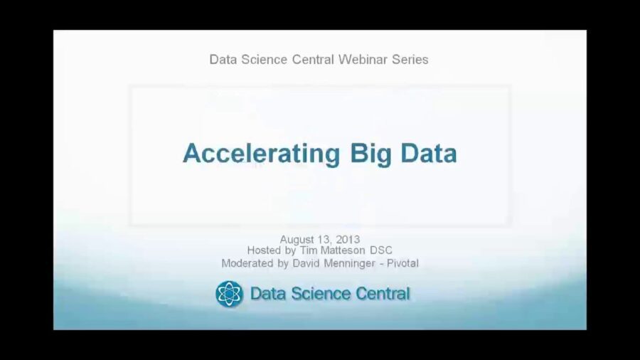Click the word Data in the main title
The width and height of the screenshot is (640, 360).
coord(429,153)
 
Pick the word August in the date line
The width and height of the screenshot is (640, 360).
coord(297,239)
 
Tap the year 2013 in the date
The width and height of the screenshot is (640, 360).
coord(348,239)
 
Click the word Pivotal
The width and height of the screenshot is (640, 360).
coord(403,263)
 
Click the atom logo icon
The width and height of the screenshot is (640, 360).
coord(229,294)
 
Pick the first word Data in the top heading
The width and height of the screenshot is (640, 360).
coord(222,60)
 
